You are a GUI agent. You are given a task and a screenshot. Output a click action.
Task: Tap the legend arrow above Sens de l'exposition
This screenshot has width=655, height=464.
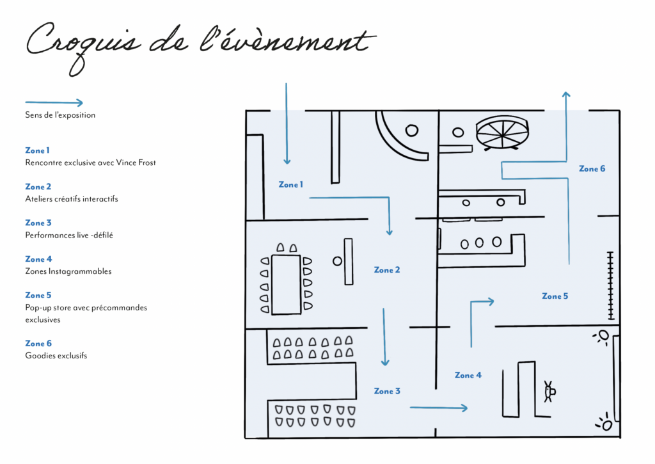[x=54, y=102]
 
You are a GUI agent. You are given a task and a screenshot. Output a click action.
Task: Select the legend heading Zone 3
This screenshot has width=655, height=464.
[x=38, y=223]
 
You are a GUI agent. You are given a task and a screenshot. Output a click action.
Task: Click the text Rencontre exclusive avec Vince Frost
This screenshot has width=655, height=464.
[x=90, y=162]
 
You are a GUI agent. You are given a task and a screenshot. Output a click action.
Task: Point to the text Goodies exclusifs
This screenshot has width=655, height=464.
[x=56, y=355]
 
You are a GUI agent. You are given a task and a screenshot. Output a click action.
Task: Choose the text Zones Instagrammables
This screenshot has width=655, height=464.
[x=68, y=271]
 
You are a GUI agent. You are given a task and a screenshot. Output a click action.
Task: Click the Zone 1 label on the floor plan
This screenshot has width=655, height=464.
[x=291, y=184]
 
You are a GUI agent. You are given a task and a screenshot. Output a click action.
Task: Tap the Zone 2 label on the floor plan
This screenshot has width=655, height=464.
[x=387, y=270]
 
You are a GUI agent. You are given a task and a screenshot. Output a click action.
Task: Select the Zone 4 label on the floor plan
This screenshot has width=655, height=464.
[x=468, y=376]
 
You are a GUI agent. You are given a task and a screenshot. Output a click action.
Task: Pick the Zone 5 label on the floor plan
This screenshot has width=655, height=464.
[x=555, y=296]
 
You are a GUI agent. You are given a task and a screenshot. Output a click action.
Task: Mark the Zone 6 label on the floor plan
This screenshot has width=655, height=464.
[x=592, y=168]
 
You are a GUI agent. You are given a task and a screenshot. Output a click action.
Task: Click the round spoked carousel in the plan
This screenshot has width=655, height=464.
[x=502, y=132]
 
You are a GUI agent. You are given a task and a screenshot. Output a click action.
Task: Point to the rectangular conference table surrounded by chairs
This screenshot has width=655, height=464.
[x=286, y=284]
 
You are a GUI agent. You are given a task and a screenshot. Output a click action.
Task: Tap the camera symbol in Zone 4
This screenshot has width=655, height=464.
[x=549, y=392]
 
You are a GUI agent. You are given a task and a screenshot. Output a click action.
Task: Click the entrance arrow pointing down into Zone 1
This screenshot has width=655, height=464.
[x=287, y=124]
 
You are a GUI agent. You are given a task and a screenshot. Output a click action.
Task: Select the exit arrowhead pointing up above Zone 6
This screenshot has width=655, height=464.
[x=566, y=95]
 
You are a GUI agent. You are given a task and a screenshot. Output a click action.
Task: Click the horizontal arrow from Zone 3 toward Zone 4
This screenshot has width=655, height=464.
[x=439, y=408]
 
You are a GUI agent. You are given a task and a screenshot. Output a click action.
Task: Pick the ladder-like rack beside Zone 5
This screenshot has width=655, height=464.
[x=611, y=285]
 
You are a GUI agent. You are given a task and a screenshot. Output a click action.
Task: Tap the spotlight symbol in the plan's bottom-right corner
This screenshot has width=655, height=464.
[x=604, y=423]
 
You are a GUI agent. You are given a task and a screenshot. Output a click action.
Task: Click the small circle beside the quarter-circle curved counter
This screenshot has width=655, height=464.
[x=412, y=131]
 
